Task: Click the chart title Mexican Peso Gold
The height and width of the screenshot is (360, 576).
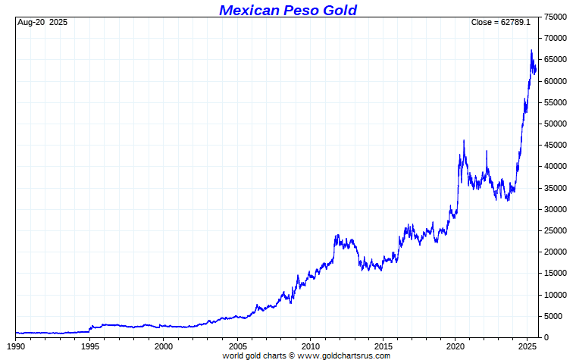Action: tap(287, 10)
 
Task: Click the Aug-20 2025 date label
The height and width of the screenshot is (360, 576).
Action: tap(42, 23)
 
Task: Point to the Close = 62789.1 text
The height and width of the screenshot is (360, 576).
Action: tap(500, 23)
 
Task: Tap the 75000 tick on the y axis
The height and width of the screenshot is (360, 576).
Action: tap(557, 17)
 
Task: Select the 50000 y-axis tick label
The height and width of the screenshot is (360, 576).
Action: tap(557, 124)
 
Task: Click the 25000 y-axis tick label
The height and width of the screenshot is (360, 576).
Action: tap(557, 230)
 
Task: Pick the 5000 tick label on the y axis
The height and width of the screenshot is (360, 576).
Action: tap(555, 316)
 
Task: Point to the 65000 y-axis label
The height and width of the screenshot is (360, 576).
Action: tap(557, 59)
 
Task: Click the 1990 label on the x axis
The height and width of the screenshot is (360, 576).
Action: tap(16, 346)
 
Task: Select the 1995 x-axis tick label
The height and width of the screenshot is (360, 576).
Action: tap(90, 346)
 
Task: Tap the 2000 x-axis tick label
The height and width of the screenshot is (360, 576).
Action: tap(164, 346)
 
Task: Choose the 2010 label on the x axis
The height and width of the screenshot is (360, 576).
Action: tap(310, 346)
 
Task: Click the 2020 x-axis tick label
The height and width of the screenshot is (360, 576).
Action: tap(455, 346)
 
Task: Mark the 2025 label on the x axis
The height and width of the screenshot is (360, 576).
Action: tap(528, 346)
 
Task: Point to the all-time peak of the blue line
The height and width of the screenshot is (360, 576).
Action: tap(531, 51)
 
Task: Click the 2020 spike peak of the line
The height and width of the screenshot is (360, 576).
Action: tap(464, 140)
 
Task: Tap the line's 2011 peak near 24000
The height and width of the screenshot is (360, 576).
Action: tap(337, 235)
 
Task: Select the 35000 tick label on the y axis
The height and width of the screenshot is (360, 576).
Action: tap(557, 188)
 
